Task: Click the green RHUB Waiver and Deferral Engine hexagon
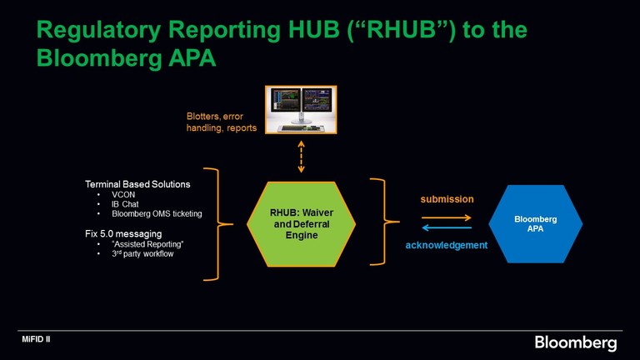[302, 224]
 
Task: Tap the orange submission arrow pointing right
[446, 217]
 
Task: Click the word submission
[446, 200]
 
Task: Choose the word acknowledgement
[446, 245]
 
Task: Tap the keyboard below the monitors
[301, 128]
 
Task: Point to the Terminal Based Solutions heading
[137, 183]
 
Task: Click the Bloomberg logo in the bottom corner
[575, 342]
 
